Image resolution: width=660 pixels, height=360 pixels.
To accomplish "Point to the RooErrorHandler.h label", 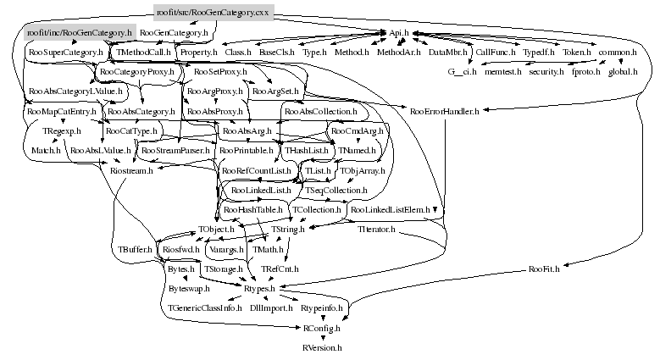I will point(444,111).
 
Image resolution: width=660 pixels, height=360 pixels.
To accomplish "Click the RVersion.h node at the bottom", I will point(322,347).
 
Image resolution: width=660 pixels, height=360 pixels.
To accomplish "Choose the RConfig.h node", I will point(322,328).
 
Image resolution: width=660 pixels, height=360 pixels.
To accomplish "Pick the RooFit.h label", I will point(545,269).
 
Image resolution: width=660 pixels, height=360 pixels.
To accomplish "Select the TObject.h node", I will point(217,230).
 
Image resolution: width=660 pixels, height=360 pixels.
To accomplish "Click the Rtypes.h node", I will point(259,289).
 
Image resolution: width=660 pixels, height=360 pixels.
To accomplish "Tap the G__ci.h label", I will point(463,72).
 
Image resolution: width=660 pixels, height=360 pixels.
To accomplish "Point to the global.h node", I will point(623,72).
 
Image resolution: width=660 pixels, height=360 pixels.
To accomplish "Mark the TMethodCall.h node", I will point(144,53).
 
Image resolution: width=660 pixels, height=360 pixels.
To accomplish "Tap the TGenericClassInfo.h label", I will point(206,308).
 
